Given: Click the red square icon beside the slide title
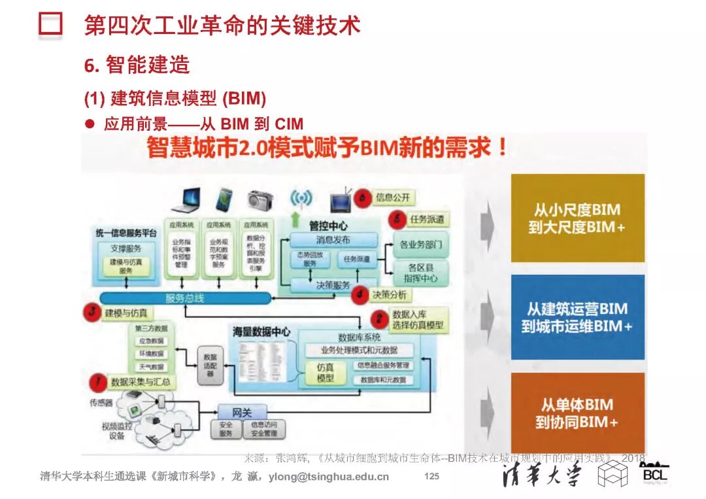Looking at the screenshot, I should [50, 24].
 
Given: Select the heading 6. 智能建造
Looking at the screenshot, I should [137, 65].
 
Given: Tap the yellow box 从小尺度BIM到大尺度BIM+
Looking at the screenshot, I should [577, 218].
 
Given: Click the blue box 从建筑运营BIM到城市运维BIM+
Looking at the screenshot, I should [577, 317].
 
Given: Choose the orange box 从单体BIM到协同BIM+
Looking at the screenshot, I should [577, 413].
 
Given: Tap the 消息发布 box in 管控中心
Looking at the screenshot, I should [333, 240].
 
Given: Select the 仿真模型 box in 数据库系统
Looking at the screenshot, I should [325, 373].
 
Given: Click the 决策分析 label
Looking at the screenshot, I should [389, 295].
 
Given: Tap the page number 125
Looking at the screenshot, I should [431, 477].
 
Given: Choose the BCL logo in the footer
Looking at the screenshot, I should [654, 473].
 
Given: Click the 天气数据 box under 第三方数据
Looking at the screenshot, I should [150, 367].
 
